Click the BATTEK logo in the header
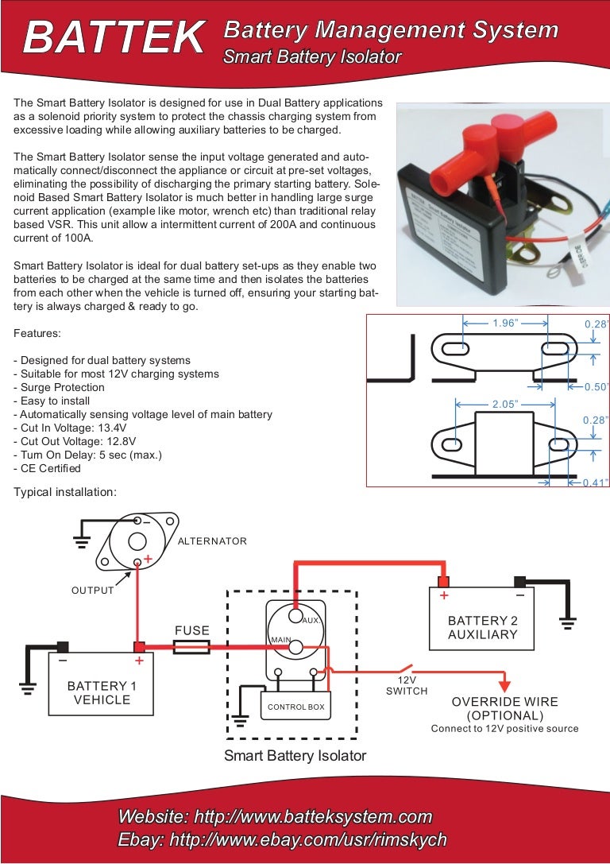pos(113,37)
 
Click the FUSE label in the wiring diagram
pos(191,630)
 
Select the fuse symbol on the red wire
pos(191,648)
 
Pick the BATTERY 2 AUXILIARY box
pos(482,627)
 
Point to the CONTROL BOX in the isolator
pos(295,707)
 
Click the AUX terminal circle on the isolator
pos(295,616)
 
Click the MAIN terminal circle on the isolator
pos(295,648)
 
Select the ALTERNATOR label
pos(212,541)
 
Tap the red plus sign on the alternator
pos(148,560)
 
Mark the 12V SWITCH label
pos(407,686)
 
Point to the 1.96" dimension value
pos(505,324)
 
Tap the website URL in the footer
pos(275,816)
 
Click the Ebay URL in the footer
pos(282,839)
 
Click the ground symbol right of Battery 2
pos(567,622)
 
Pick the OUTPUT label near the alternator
pos(93,591)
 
